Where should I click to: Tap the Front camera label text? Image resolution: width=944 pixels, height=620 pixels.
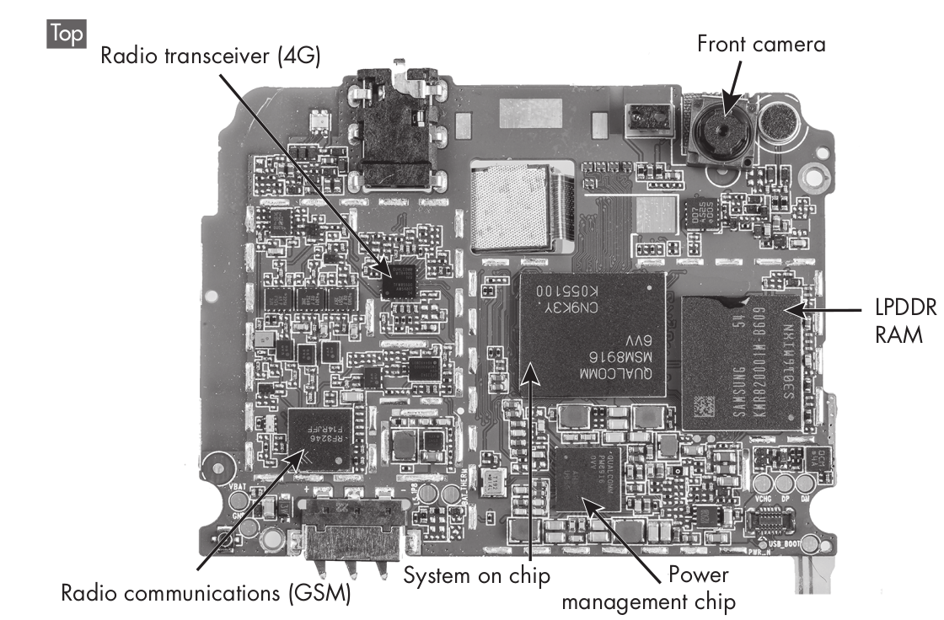point(760,44)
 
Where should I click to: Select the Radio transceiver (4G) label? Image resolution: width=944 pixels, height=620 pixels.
point(210,57)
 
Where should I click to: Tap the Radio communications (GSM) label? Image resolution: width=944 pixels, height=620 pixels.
point(206,593)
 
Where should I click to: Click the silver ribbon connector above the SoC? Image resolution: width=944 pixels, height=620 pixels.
point(524,206)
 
